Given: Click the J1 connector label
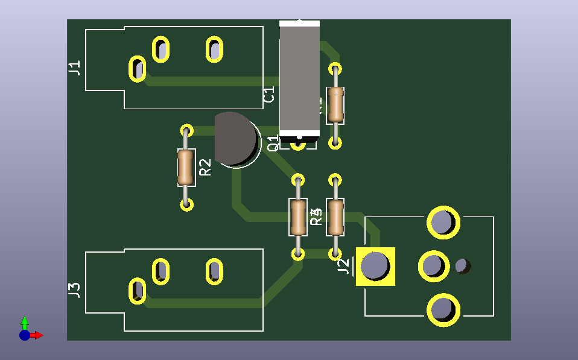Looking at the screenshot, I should [x=74, y=68].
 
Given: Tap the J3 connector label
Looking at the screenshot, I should [x=74, y=290].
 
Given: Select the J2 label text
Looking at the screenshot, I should [x=343, y=266].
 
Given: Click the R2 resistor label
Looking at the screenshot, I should [x=206, y=167].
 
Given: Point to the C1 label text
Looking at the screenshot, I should [x=269, y=95].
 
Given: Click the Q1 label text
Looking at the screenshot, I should [x=273, y=143].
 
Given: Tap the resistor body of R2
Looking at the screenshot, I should [x=186, y=167].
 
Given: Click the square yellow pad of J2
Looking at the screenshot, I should [x=375, y=266].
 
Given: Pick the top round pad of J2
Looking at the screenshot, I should [x=443, y=222].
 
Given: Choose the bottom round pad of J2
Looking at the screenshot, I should [x=443, y=309].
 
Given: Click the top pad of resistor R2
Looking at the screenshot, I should [x=187, y=131].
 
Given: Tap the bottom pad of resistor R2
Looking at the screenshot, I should [x=187, y=204].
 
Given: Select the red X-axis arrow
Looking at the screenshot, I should [x=37, y=335].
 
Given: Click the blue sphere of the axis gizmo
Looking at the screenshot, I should [x=24, y=335].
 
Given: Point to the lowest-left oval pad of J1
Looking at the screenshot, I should [x=138, y=68].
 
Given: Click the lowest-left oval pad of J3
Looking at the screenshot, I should [x=138, y=291].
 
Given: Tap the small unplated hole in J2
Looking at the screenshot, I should [x=462, y=265].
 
